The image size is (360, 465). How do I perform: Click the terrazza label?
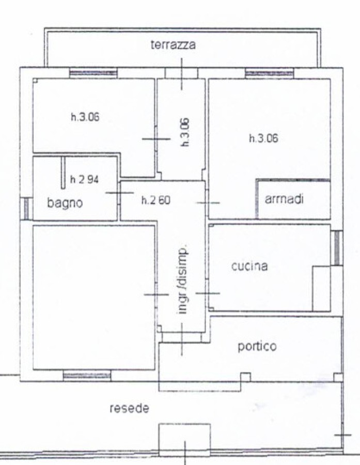173,45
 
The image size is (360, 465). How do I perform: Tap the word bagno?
65,203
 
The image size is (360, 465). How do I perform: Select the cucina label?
249,266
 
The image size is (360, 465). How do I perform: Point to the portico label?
257,346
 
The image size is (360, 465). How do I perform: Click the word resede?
129,408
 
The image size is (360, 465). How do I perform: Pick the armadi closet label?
284,199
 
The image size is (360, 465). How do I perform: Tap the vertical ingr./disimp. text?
182,279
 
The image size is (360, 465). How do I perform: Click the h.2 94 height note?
84,179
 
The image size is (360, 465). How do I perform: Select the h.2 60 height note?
155,200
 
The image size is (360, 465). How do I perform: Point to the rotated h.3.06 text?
185,132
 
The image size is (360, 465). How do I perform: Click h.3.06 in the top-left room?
85,117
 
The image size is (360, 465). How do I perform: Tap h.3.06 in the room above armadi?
263,138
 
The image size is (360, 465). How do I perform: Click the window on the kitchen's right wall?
337,248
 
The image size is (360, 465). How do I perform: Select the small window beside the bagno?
26,209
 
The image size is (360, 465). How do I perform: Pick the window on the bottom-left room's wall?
87,376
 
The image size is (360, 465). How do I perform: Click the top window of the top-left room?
93,73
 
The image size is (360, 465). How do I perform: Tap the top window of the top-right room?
269,73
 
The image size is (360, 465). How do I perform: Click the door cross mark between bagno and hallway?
119,193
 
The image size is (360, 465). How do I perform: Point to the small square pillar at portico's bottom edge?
245,377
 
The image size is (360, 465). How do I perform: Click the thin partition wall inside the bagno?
63,173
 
